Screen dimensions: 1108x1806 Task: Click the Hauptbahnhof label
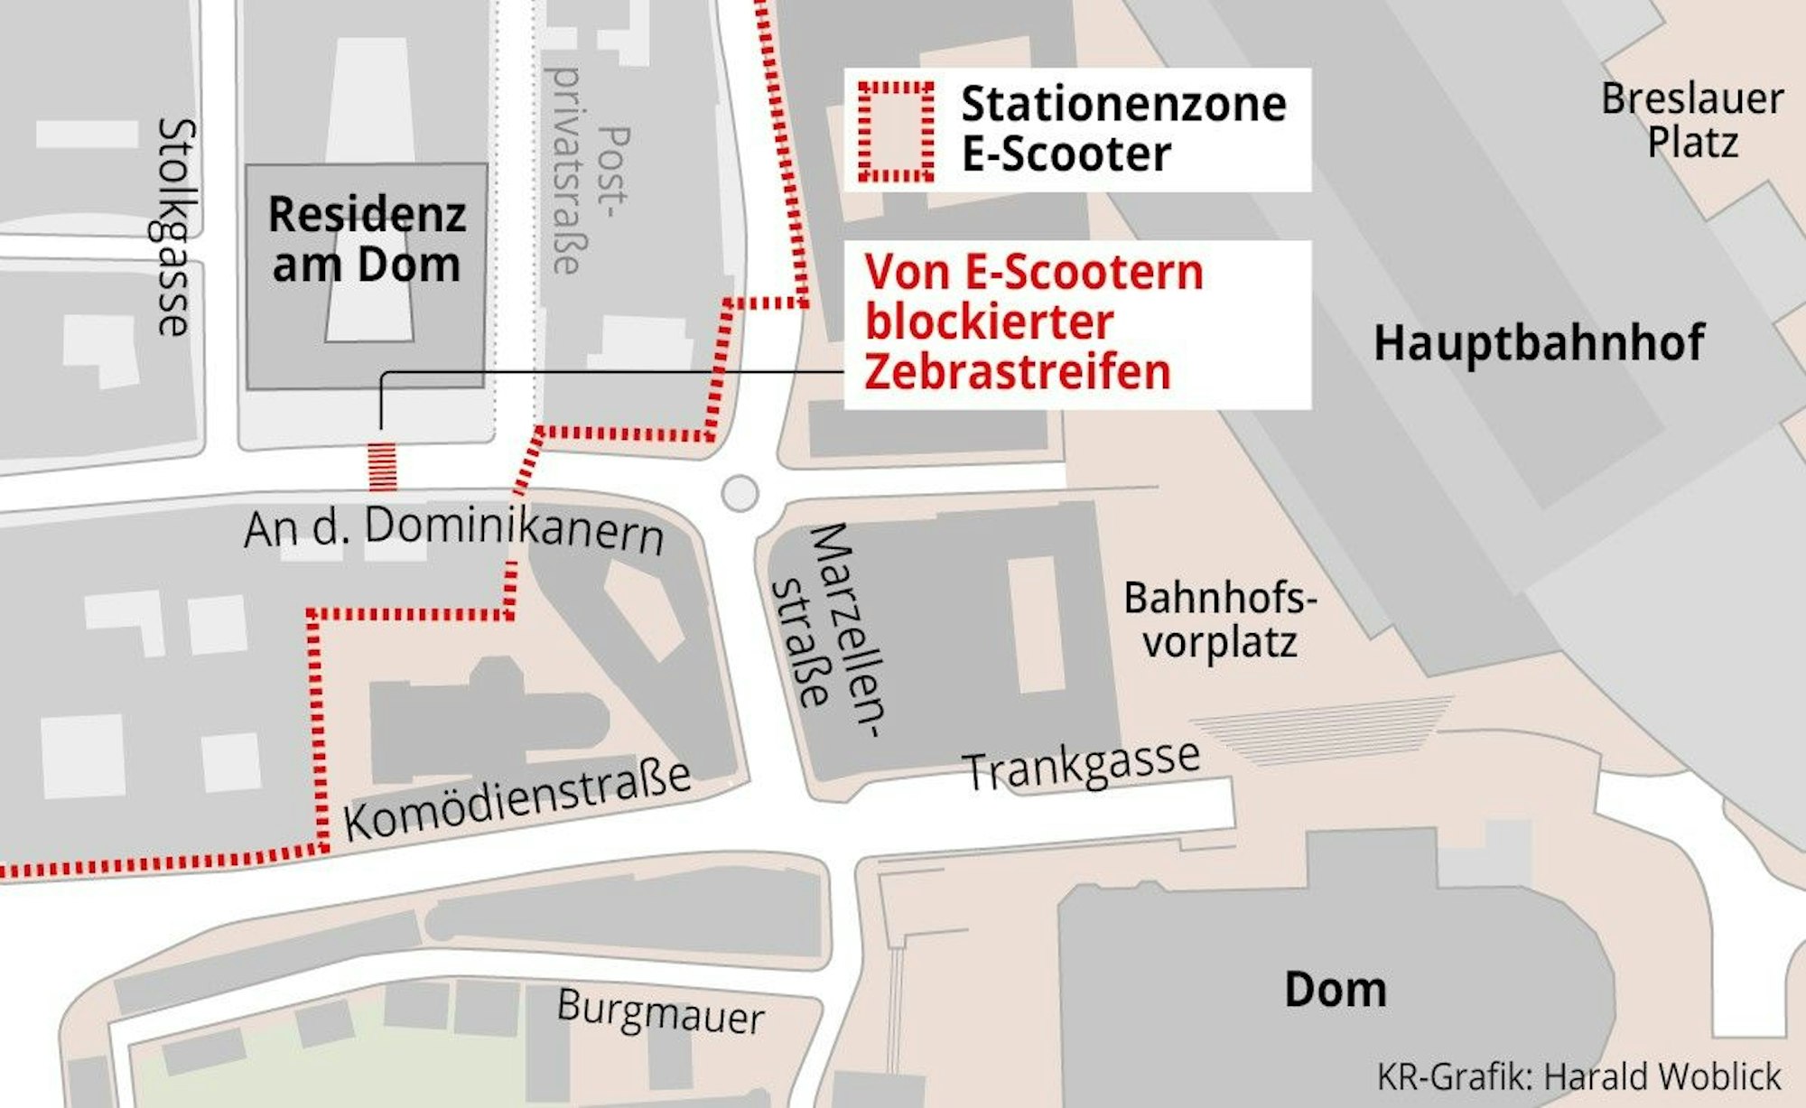pos(1539,343)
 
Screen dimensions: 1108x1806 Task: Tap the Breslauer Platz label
pos(1692,120)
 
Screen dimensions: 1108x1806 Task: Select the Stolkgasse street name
pos(173,227)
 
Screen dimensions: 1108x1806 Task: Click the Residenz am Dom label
pos(367,239)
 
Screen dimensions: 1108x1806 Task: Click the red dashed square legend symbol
pos(895,132)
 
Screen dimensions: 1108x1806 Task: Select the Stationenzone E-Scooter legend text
pos(1122,128)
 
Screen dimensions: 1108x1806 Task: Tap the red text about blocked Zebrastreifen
pos(1034,322)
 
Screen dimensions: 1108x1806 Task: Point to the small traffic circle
pos(740,494)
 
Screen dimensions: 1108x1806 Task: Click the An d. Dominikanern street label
pos(454,529)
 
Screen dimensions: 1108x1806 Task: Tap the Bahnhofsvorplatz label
pos(1220,620)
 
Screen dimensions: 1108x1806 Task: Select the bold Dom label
pos(1335,990)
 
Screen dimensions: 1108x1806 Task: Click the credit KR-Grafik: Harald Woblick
pos(1578,1076)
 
